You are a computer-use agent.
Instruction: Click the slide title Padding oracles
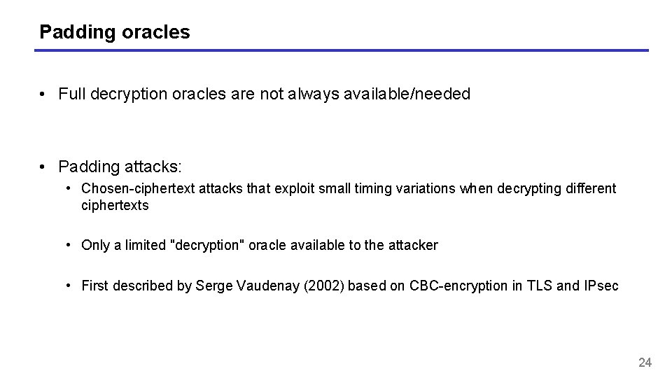click(x=114, y=32)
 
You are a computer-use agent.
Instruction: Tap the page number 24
click(x=645, y=362)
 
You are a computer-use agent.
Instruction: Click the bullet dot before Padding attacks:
click(x=43, y=167)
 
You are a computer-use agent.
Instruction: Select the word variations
click(x=426, y=188)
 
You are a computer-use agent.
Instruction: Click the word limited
click(x=146, y=245)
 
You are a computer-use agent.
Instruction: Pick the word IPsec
click(x=601, y=286)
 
